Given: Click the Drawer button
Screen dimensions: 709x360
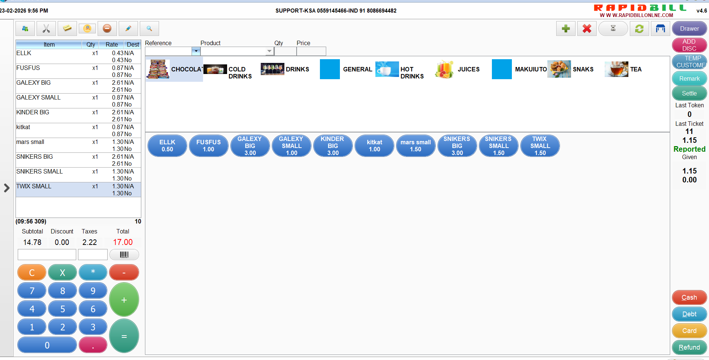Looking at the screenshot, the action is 689,28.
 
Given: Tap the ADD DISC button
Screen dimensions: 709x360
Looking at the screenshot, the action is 689,45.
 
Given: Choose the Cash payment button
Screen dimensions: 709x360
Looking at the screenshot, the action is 689,297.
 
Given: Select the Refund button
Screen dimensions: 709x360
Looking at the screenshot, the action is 689,347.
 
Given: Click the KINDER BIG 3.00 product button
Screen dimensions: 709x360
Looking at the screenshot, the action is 333,146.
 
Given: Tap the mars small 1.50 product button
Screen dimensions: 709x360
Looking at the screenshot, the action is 416,146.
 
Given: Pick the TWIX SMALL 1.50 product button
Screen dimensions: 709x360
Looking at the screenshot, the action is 540,146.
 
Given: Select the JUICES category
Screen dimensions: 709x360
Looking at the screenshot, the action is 457,69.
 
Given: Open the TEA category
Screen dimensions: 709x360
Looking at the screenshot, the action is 624,69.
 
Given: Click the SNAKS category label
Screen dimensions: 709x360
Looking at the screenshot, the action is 583,69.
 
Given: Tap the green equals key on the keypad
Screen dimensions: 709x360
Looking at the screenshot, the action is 124,336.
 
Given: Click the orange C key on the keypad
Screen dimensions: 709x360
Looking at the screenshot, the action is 32,273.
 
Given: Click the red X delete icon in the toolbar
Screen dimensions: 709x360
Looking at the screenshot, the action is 587,28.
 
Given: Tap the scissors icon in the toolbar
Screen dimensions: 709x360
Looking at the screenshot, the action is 46,28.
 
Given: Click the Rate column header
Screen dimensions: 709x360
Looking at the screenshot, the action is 112,44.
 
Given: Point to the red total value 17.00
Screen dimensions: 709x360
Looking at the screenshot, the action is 123,242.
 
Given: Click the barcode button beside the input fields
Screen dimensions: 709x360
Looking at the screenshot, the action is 124,255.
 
